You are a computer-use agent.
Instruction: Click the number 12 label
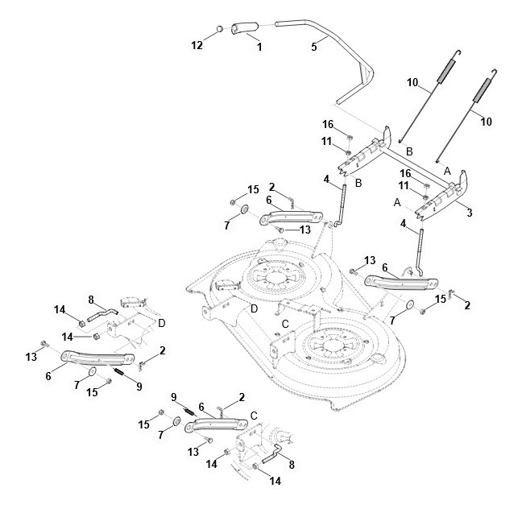point(197,45)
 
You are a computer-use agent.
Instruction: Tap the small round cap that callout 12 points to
point(220,29)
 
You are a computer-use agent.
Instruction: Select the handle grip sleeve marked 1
point(245,27)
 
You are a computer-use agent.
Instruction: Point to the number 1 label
point(259,47)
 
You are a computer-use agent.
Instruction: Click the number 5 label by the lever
point(314,47)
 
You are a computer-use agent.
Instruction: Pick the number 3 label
point(470,213)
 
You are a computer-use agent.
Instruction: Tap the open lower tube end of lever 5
point(338,101)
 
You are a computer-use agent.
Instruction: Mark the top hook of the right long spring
point(495,73)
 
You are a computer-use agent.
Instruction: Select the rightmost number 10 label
point(487,122)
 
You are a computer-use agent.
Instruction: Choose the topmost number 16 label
point(328,124)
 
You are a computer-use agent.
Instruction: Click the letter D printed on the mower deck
point(254,308)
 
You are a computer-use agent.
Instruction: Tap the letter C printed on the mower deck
point(285,324)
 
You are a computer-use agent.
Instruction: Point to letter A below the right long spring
point(447,171)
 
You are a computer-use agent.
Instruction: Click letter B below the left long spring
point(409,151)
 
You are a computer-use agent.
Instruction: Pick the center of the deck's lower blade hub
point(330,346)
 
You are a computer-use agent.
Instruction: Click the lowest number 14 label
point(275,481)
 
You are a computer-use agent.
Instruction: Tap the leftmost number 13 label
point(31,357)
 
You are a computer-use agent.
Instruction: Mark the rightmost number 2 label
point(467,305)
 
